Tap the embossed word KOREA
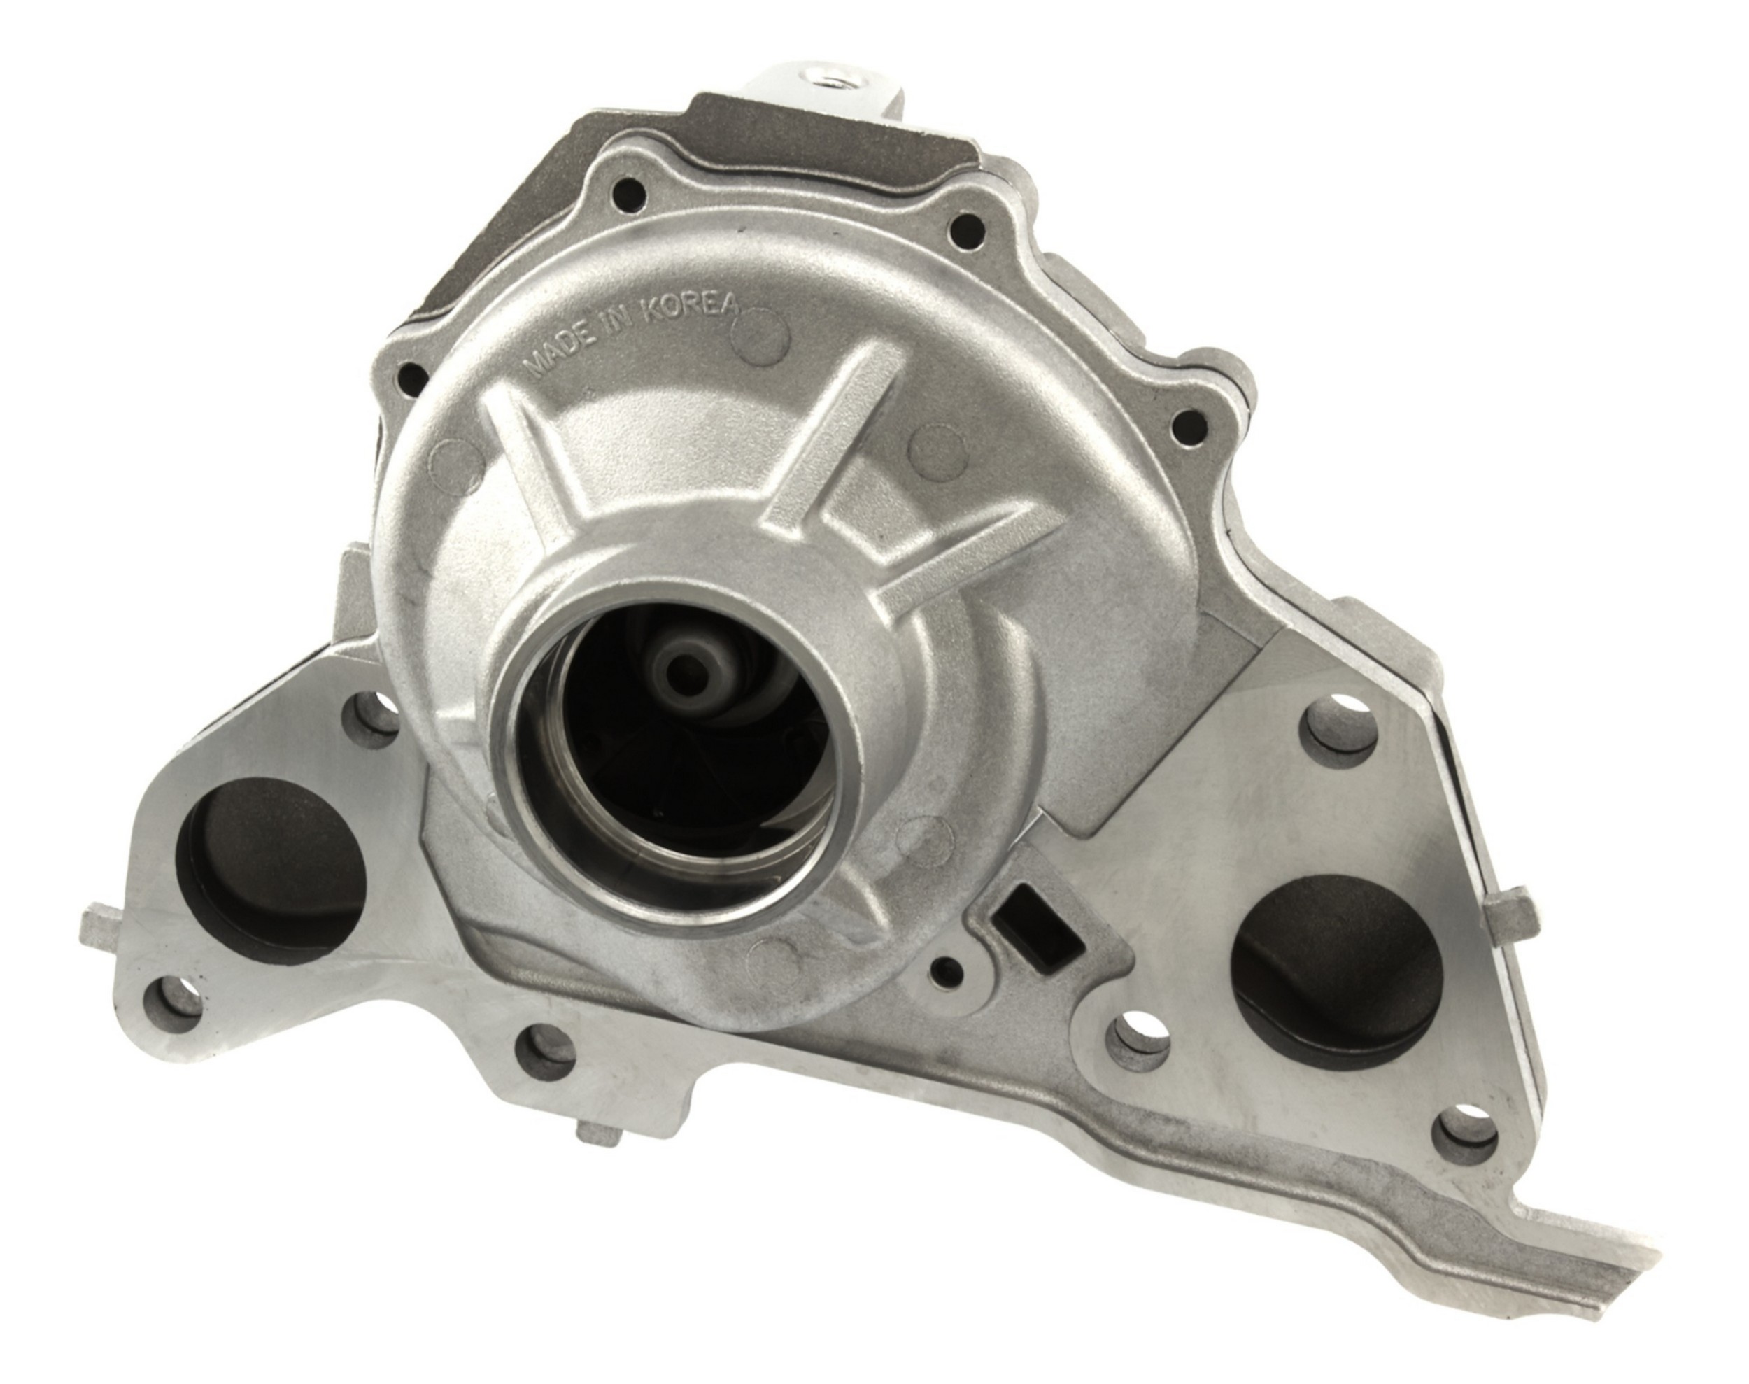pos(692,304)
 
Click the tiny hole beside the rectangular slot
pos(944,968)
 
